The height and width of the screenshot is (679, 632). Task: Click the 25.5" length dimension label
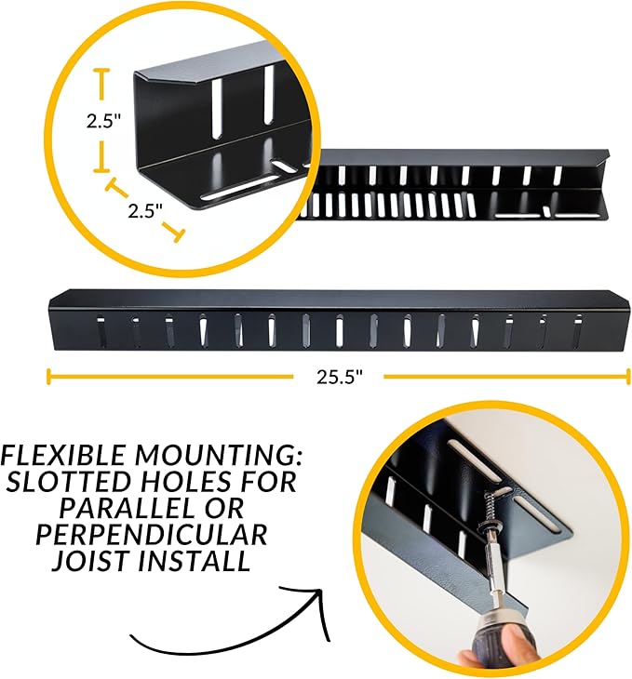tap(339, 377)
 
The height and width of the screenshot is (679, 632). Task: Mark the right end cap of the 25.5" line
tap(627, 376)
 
